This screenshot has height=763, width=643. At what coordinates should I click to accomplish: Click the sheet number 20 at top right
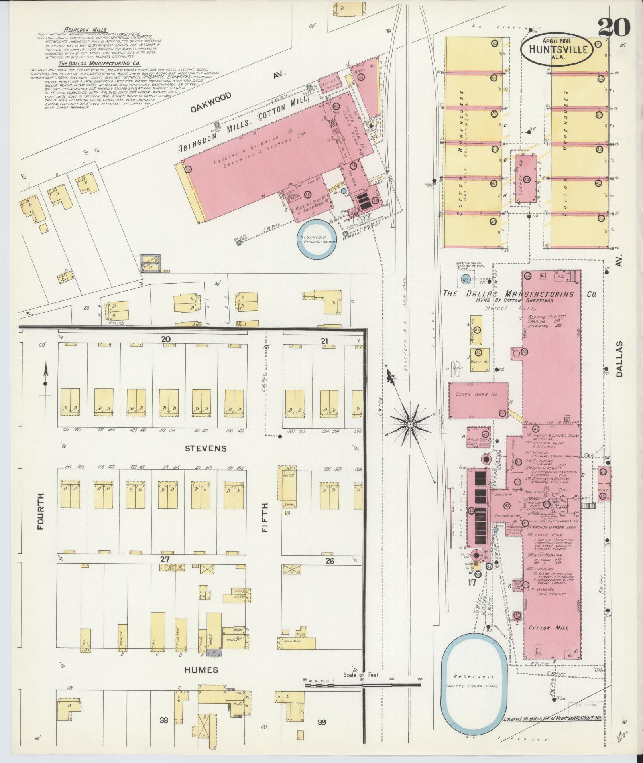[x=614, y=28]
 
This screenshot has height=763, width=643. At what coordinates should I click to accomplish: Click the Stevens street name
[x=206, y=448]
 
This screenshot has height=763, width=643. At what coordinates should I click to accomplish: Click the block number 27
[x=165, y=560]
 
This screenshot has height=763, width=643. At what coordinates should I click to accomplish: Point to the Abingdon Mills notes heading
[x=80, y=29]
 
